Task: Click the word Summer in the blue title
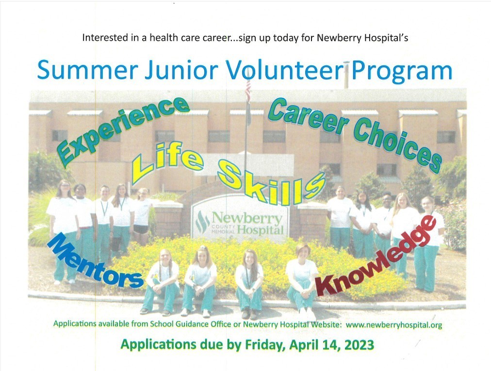88,70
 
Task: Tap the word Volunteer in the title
285,70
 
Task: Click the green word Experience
123,131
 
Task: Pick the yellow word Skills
271,181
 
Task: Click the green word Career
309,116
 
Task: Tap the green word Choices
398,146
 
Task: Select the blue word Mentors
96,261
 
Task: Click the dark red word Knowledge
376,256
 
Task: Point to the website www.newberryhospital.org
394,325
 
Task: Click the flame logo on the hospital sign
202,222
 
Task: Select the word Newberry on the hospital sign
247,218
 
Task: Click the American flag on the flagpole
248,91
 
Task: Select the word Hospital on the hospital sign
260,231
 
